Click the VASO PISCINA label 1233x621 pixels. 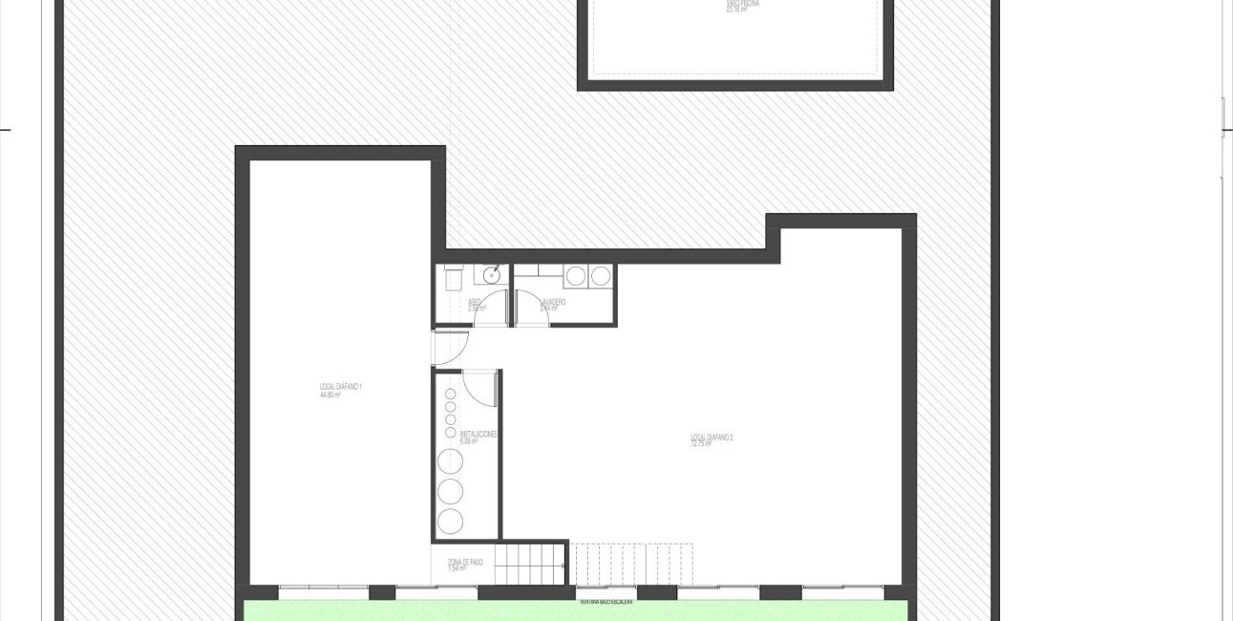pos(735,6)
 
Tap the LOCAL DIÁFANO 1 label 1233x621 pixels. pos(340,389)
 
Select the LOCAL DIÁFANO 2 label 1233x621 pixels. pos(712,439)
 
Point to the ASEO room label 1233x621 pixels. pos(476,306)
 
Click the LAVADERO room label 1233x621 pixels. pos(553,305)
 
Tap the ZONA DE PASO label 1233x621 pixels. pos(465,565)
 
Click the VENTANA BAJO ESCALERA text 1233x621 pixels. pos(606,602)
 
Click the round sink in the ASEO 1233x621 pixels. pos(491,276)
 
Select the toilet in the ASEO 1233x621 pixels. pos(454,275)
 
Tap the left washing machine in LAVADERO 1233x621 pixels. pos(576,276)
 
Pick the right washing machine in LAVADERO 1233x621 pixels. pos(600,276)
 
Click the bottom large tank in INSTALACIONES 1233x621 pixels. pos(449,521)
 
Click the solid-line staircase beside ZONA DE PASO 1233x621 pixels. pos(530,564)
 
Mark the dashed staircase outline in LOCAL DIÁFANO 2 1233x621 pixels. pos(630,564)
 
